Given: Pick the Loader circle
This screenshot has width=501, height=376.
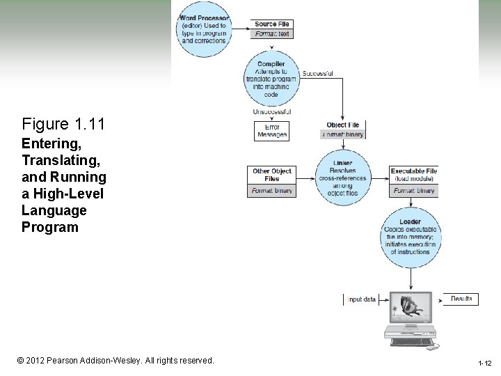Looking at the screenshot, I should [x=410, y=237].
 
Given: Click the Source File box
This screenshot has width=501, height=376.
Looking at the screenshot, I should [x=271, y=29].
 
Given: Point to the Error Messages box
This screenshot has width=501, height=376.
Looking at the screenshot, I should [x=271, y=131].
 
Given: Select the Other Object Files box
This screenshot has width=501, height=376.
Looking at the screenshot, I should [x=271, y=181].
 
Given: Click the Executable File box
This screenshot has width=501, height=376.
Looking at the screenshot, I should [x=414, y=181].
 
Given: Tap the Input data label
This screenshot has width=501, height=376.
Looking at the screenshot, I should [x=361, y=299].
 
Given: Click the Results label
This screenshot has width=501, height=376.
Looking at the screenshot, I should [x=461, y=299].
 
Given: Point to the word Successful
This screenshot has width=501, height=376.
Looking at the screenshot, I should [x=318, y=73].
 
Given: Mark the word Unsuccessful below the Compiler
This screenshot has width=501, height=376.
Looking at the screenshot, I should [x=271, y=112].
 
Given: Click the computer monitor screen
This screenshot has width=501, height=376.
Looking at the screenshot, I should [x=410, y=307].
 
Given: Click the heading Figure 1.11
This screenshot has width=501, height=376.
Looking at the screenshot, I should [x=63, y=125].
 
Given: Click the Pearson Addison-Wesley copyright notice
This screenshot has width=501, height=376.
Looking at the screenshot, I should [x=116, y=361].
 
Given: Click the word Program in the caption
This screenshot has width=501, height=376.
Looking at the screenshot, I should [x=50, y=227].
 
